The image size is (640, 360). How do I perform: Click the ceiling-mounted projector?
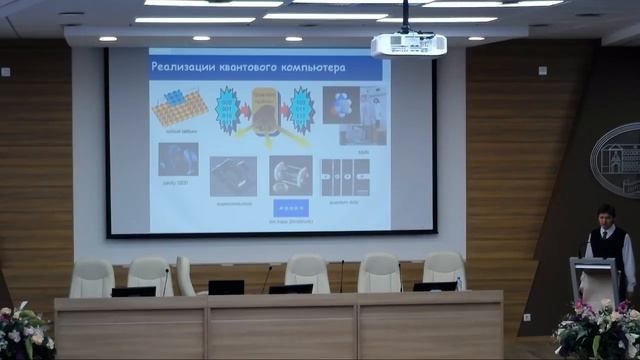[408, 45]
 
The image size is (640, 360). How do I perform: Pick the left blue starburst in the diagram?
[226, 109]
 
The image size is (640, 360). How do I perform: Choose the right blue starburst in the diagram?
[301, 109]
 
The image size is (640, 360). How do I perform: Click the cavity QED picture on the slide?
[178, 159]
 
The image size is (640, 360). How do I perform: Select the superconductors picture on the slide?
[233, 175]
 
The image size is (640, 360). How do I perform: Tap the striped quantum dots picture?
[345, 176]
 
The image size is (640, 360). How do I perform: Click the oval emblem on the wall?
[616, 160]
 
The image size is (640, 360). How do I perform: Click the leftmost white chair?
[92, 277]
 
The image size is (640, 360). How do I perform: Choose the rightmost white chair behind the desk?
[444, 270]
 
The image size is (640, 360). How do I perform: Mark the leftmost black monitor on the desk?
[133, 291]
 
